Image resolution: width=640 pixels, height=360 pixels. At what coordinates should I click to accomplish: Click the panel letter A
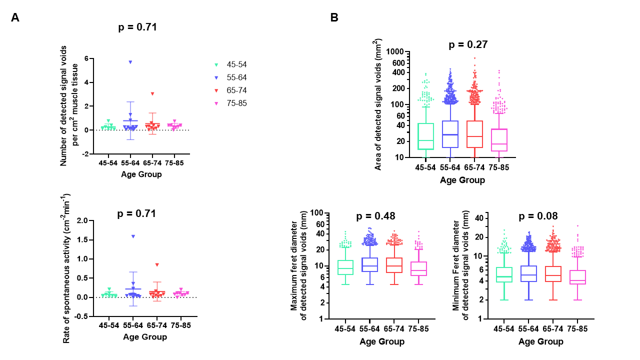coord(15,18)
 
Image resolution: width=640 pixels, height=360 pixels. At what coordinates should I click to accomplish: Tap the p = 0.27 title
coord(468,45)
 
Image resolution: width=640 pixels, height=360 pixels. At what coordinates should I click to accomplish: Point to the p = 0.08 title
coord(538,216)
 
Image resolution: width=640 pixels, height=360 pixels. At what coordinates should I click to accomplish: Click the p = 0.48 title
coord(375,216)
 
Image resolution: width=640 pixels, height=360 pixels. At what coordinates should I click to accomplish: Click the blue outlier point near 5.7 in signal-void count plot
coord(130,62)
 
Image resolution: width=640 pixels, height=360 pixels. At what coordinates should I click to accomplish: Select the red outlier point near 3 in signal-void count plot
coord(152,93)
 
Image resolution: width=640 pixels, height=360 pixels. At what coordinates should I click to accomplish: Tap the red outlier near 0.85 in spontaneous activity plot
coord(157,264)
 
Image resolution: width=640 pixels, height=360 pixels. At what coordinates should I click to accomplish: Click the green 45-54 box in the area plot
coord(426,136)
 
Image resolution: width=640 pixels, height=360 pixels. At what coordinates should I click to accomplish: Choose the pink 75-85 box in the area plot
coord(499,140)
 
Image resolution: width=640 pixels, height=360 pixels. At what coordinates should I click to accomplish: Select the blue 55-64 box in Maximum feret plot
coord(370,264)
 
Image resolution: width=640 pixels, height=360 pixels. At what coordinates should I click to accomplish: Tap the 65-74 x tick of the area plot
coord(475,167)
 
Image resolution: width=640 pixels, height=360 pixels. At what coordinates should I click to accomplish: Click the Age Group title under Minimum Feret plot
coord(540,342)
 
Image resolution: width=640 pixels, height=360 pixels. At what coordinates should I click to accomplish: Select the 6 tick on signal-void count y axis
coord(80,58)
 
